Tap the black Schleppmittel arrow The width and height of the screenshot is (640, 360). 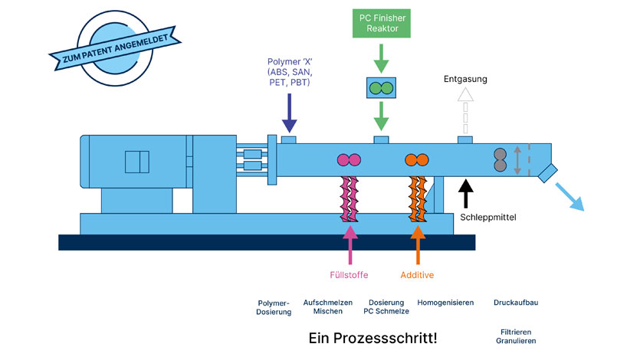[465, 192]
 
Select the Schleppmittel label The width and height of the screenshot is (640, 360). [488, 218]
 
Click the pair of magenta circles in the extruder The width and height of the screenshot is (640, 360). [349, 160]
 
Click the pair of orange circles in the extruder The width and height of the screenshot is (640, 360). [417, 160]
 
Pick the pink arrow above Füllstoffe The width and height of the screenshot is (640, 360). [350, 244]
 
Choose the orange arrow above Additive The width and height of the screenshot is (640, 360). [418, 244]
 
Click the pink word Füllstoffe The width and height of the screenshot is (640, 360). [350, 274]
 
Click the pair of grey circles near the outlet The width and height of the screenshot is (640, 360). [500, 159]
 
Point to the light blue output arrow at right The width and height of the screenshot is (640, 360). [568, 195]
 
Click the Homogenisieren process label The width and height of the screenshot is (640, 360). [445, 303]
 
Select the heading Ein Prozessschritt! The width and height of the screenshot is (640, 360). [373, 337]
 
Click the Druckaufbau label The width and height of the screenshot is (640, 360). [516, 303]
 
